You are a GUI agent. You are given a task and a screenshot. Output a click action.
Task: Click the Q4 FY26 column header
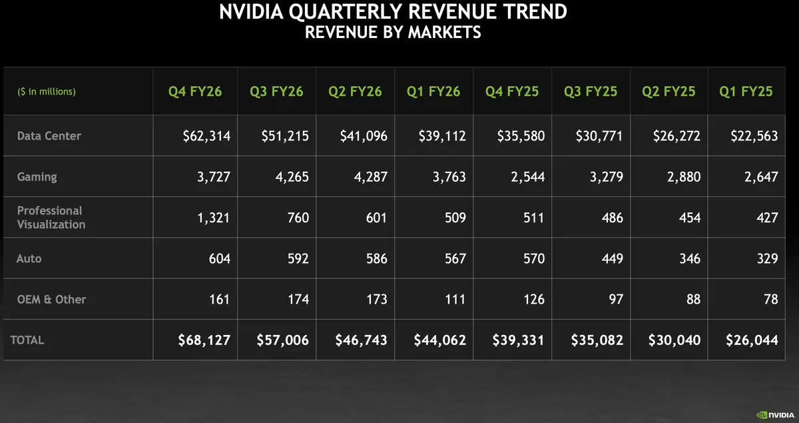(x=195, y=91)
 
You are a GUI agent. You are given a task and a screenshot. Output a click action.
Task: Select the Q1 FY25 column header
(x=746, y=91)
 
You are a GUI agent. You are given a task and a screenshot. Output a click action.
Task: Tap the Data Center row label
(x=49, y=136)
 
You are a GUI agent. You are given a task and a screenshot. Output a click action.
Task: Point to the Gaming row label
(x=37, y=177)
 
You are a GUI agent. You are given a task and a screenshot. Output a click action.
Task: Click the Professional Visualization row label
(x=51, y=217)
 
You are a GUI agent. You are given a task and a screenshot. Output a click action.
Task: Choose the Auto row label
(x=29, y=258)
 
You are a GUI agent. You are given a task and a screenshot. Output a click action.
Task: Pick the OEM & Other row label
(x=51, y=299)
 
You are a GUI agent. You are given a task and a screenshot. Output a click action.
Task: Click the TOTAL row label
(x=27, y=340)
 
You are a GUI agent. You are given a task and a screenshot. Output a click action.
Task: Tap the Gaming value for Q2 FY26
(x=368, y=177)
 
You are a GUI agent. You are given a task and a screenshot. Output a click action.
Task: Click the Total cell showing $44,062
(x=440, y=340)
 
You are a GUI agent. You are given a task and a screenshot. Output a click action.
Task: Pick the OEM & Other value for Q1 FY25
(x=770, y=299)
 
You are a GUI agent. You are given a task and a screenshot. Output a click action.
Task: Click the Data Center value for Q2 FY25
(x=676, y=136)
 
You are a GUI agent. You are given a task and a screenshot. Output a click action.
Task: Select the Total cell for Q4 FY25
(x=518, y=340)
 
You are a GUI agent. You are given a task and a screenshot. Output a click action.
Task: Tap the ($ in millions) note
(x=47, y=91)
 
